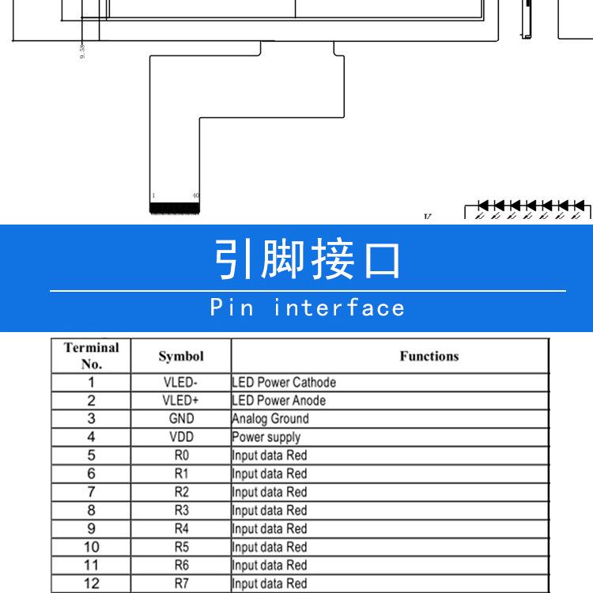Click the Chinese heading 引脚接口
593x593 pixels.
click(x=308, y=259)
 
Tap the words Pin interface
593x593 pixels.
click(x=308, y=308)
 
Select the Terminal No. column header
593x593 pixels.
click(x=91, y=356)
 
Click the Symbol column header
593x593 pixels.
click(x=181, y=357)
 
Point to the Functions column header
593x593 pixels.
click(x=429, y=357)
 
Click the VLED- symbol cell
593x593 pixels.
click(x=181, y=383)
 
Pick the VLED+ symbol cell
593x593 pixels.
click(x=181, y=401)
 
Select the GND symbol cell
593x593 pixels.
click(x=181, y=419)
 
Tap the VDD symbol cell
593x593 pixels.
click(x=181, y=437)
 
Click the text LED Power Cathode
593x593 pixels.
click(x=284, y=383)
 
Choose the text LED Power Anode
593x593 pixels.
click(x=278, y=401)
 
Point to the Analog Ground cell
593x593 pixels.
click(x=270, y=419)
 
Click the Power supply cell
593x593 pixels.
click(x=266, y=437)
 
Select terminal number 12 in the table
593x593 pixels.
click(x=91, y=584)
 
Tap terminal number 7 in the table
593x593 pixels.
click(x=91, y=492)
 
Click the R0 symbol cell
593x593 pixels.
click(x=181, y=455)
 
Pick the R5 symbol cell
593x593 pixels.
click(x=181, y=547)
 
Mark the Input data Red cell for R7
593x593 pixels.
click(x=269, y=584)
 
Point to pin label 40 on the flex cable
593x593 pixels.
click(x=195, y=195)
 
